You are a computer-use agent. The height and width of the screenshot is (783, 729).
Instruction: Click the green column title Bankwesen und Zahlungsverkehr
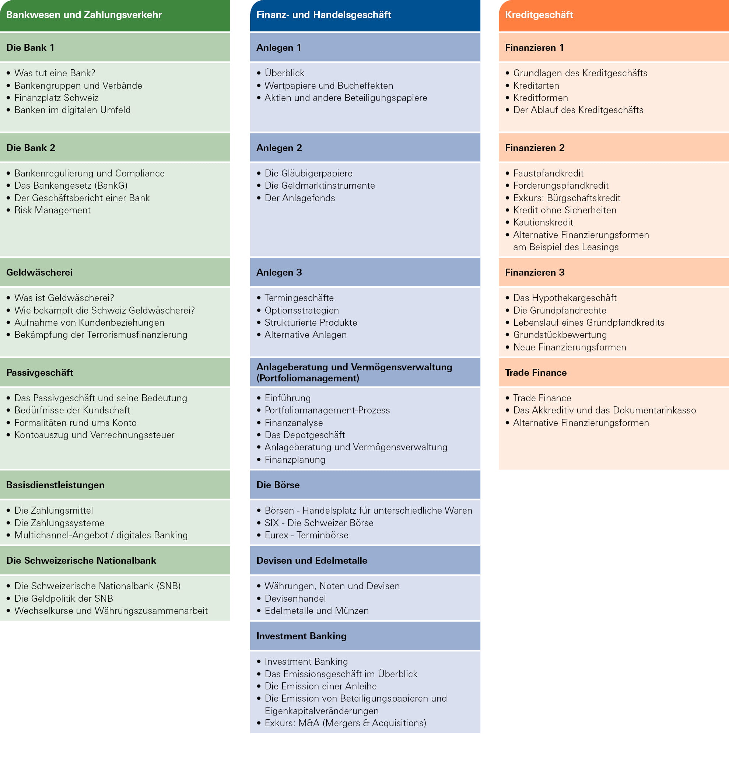(x=84, y=15)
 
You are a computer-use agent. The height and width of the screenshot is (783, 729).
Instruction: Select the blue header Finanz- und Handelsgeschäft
(x=323, y=15)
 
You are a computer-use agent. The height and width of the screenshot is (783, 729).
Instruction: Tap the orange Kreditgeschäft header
(x=539, y=15)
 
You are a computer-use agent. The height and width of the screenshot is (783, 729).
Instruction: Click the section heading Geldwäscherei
(x=39, y=272)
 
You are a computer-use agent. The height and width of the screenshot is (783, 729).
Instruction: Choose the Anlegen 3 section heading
(x=279, y=272)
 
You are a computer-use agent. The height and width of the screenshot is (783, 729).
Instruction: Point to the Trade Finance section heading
(x=536, y=372)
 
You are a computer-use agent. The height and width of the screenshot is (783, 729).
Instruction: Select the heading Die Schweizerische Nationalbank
(x=81, y=560)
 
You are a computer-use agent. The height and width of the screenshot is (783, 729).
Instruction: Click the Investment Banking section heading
(x=301, y=636)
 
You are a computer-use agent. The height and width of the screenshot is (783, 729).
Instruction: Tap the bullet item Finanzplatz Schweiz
(x=56, y=98)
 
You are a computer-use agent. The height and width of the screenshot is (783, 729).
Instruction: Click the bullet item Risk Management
(x=52, y=210)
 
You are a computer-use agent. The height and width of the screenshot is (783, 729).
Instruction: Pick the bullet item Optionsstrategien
(x=302, y=310)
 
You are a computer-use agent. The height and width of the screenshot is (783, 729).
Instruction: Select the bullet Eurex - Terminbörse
(x=306, y=535)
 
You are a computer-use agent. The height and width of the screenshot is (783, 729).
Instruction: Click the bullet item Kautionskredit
(x=543, y=222)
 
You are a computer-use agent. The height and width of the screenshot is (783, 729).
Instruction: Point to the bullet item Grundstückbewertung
(x=560, y=335)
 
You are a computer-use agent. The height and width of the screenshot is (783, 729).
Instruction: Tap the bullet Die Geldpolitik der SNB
(x=64, y=598)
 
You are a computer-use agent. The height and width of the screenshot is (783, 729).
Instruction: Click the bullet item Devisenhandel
(x=295, y=598)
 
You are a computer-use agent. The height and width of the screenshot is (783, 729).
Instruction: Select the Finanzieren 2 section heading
(x=535, y=148)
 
